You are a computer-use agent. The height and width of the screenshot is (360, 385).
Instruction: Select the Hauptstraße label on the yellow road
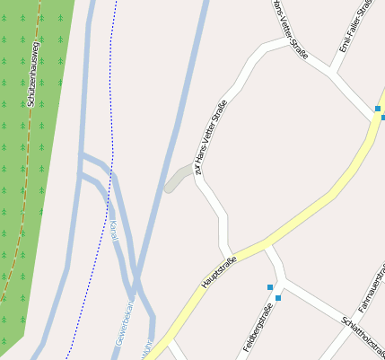(220, 272)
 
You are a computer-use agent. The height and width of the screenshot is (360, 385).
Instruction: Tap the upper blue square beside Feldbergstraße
(269, 287)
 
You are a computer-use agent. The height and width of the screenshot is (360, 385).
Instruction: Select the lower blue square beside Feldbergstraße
(278, 298)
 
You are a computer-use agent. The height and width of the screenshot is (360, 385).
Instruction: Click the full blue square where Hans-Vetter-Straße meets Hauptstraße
(378, 110)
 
